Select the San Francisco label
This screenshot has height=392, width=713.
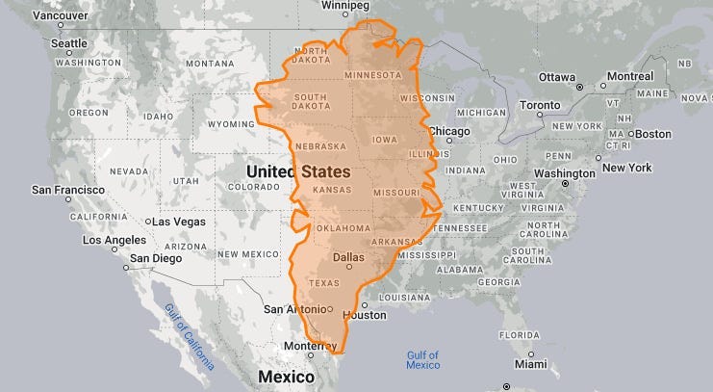[x=67, y=190]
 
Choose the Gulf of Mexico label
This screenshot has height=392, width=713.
[x=422, y=360]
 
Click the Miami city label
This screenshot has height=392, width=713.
[x=529, y=365]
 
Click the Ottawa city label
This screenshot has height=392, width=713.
[x=557, y=77]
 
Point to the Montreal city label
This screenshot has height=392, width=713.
[x=630, y=77]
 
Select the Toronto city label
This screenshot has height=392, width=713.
[x=539, y=104]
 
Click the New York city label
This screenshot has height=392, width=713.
[x=626, y=168]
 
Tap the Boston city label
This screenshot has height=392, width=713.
[x=654, y=133]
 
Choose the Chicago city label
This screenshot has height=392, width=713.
[x=447, y=131]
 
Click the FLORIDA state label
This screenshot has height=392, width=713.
[x=518, y=335]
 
